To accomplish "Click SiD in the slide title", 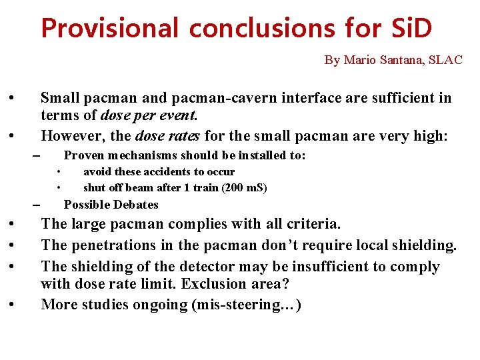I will click(409, 29).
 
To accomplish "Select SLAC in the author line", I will click(445, 60).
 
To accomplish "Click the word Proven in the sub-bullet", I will click(85, 155).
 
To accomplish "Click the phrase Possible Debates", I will click(111, 205).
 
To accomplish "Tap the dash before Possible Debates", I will click(36, 204).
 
